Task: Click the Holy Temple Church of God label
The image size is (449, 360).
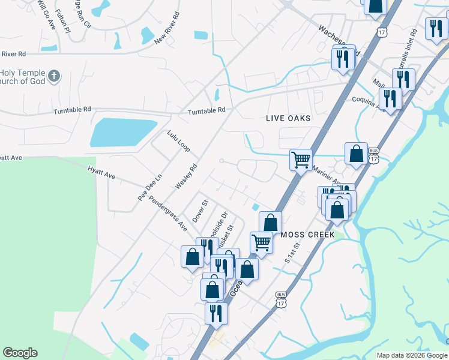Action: point(23,77)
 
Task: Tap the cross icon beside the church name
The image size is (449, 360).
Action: point(55,76)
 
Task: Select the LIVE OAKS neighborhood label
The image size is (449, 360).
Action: point(288,118)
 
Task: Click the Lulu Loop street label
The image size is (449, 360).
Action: point(178,142)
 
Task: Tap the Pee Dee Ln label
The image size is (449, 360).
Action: point(150,187)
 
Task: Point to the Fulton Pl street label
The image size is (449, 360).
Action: point(62,21)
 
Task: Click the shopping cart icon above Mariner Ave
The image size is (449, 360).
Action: point(301,160)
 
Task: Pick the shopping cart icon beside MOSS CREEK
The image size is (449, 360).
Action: point(261,242)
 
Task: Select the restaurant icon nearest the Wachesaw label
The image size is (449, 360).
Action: point(343,59)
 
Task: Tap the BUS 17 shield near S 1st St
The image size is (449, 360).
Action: point(280,299)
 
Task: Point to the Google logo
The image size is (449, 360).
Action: point(20,353)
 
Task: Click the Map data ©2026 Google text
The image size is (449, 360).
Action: point(412,355)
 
